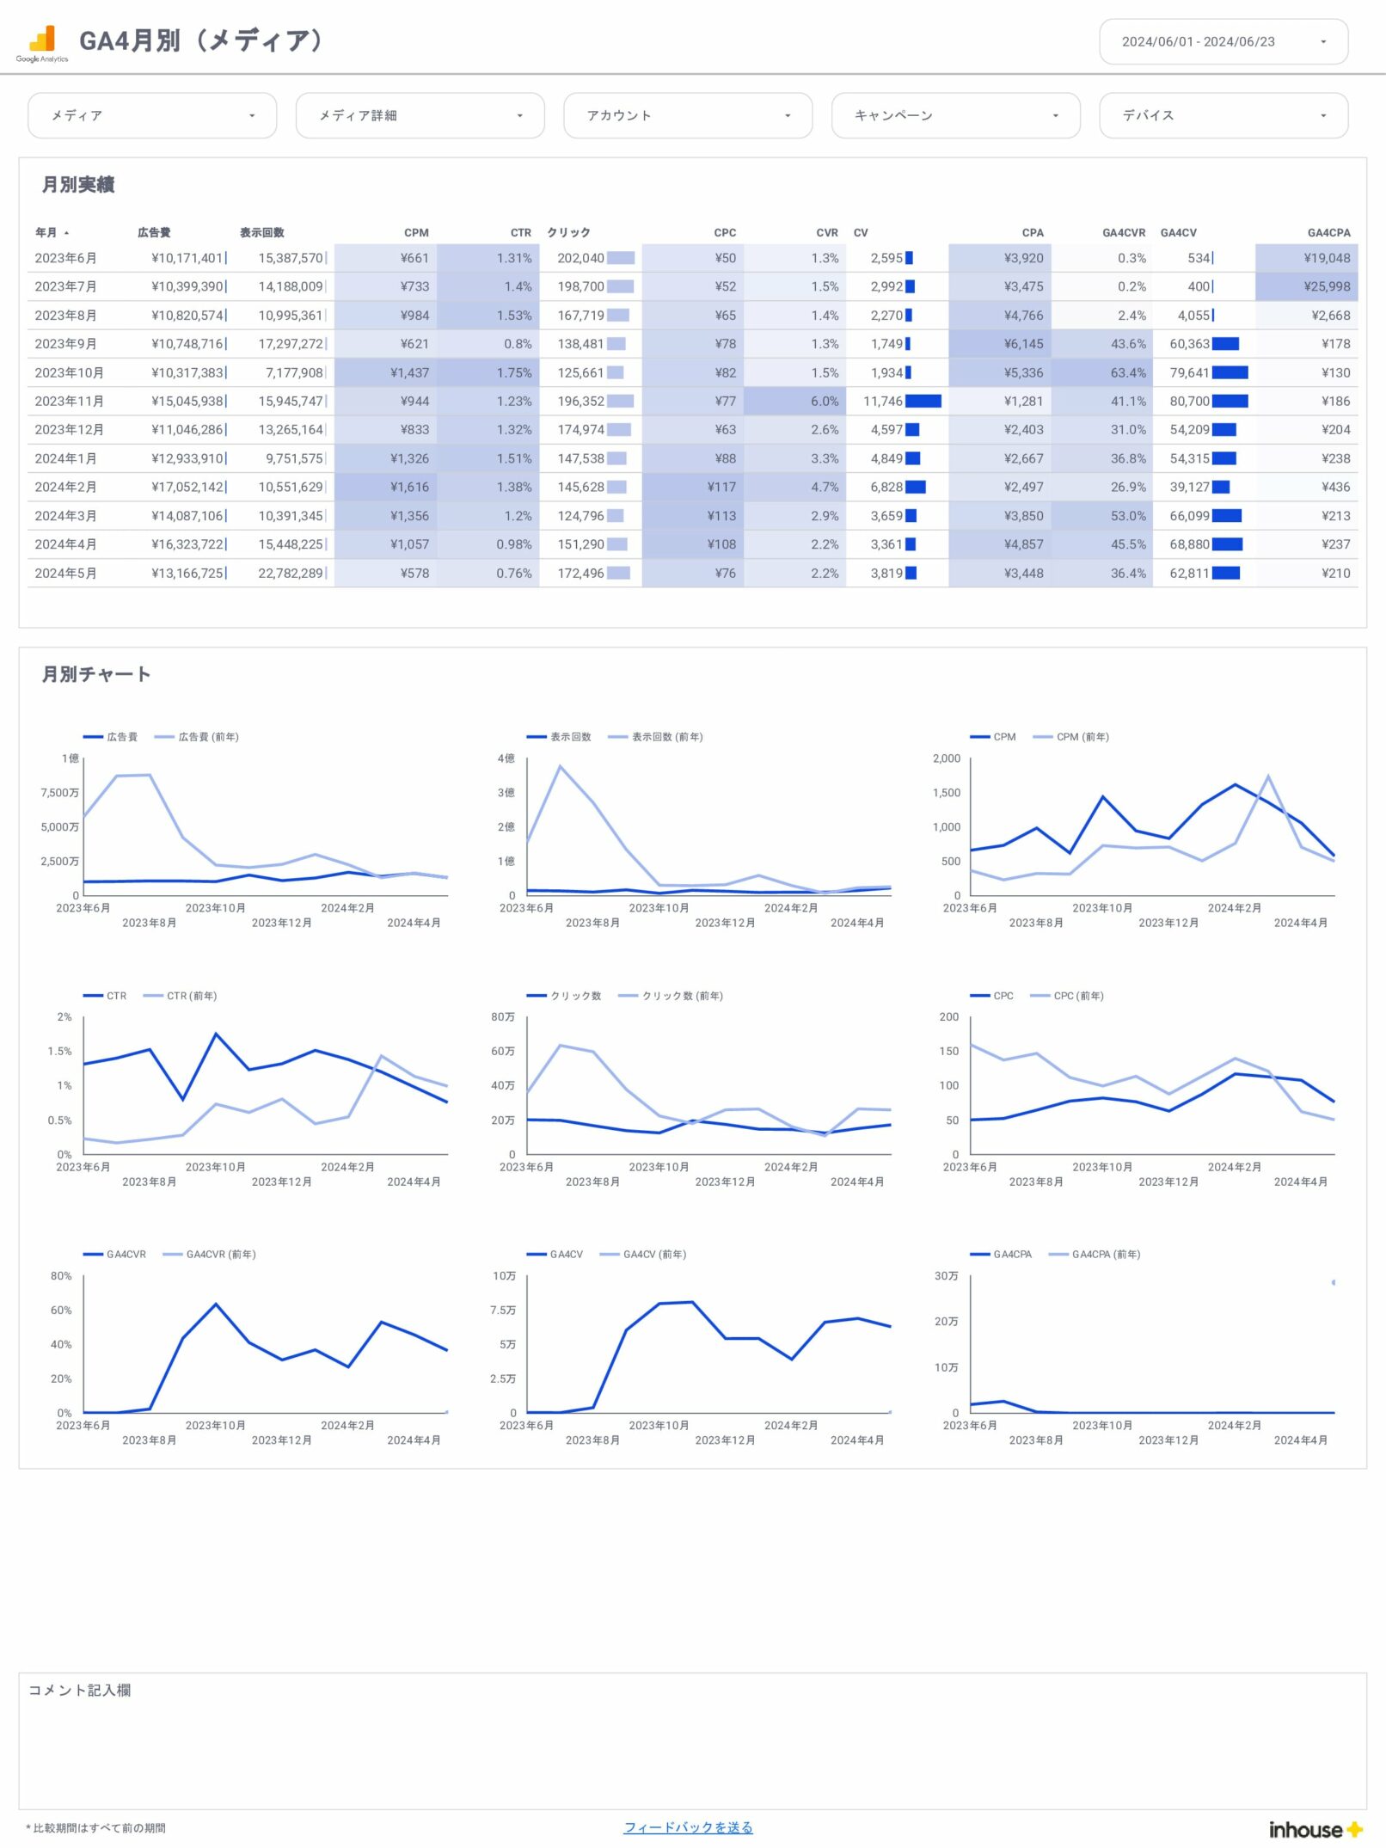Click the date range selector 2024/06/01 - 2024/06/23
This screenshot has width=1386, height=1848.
[x=1223, y=41]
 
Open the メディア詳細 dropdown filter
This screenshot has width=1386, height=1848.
[x=420, y=115]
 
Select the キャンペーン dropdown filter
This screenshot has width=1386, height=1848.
[x=955, y=115]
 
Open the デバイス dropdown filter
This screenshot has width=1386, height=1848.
[x=1223, y=115]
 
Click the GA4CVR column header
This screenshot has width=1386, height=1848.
[x=1123, y=232]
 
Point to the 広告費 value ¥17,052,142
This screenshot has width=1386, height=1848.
[x=187, y=487]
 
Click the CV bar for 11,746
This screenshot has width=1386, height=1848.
[x=923, y=401]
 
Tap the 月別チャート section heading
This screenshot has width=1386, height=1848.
[x=96, y=674]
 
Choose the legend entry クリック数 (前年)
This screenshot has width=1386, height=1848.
[x=682, y=996]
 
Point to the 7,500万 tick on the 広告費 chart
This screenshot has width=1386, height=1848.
[x=59, y=793]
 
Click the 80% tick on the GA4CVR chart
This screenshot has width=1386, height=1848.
[x=61, y=1276]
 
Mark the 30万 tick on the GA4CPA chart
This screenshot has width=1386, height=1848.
[x=946, y=1276]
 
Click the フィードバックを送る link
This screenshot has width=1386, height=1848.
[x=688, y=1827]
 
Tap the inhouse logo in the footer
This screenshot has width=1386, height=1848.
[x=1315, y=1830]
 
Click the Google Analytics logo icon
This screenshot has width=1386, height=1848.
[x=42, y=41]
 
